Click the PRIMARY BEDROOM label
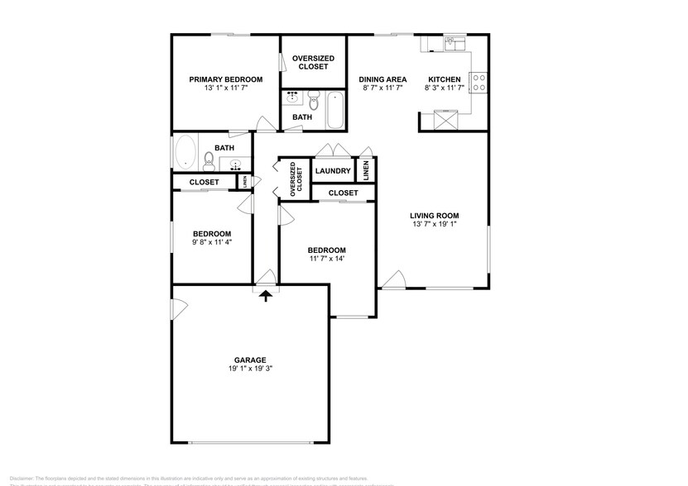[x=226, y=79]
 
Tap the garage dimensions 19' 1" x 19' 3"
[x=249, y=369]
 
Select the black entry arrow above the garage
[x=266, y=294]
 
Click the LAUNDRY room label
[x=333, y=171]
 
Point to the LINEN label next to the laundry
[x=367, y=171]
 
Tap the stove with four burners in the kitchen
[x=479, y=82]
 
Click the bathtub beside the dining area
[x=334, y=112]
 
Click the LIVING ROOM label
[x=435, y=216]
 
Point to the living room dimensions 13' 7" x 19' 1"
[x=435, y=225]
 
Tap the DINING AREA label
[x=382, y=79]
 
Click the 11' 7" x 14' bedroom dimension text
[x=327, y=259]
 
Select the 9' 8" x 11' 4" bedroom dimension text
[x=212, y=242]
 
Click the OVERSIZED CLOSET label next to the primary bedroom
[x=314, y=62]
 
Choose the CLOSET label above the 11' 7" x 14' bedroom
[x=343, y=193]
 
